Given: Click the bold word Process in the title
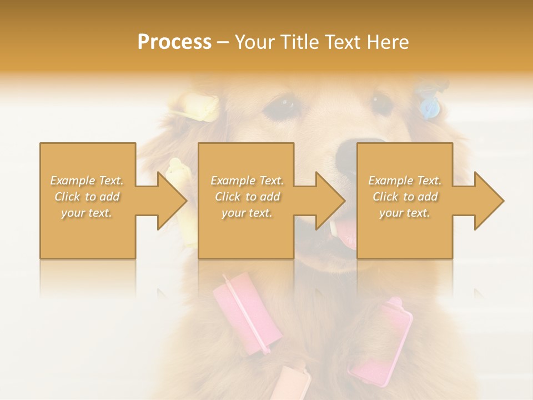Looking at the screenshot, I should coord(174,42).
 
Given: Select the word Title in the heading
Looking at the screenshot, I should coord(297,42).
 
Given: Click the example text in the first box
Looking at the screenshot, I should coord(87,196).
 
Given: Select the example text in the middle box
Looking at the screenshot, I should coord(247,196).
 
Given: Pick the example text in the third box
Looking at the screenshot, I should coord(405,196).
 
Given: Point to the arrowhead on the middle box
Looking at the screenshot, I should coord(330,201).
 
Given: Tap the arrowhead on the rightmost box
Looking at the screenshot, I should coord(489,201).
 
